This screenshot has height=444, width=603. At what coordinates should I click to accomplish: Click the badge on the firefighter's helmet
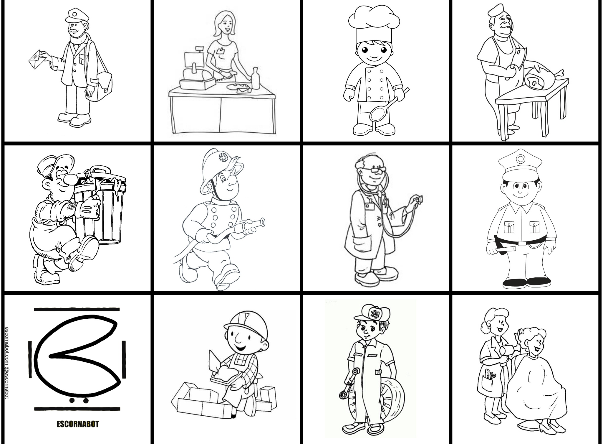pyautogui.click(x=223, y=157)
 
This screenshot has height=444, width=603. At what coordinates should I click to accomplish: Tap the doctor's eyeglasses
pyautogui.click(x=374, y=170)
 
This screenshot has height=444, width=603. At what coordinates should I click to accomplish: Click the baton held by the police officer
pyautogui.click(x=505, y=249)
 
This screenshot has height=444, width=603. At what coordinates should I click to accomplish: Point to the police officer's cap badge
pyautogui.click(x=520, y=159)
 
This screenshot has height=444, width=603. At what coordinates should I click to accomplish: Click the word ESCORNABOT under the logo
pyautogui.click(x=78, y=424)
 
